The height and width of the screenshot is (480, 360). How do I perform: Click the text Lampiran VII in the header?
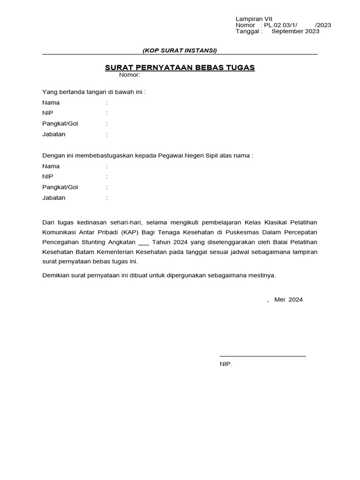(250, 18)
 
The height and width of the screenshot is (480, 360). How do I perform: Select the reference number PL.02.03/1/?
(281, 25)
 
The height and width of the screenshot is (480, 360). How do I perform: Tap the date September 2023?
(295, 31)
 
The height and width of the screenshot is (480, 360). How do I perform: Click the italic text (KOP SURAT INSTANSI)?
(180, 51)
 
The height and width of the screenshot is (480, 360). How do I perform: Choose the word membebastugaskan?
(107, 156)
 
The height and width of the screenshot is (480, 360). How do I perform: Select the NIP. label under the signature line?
(226, 364)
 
